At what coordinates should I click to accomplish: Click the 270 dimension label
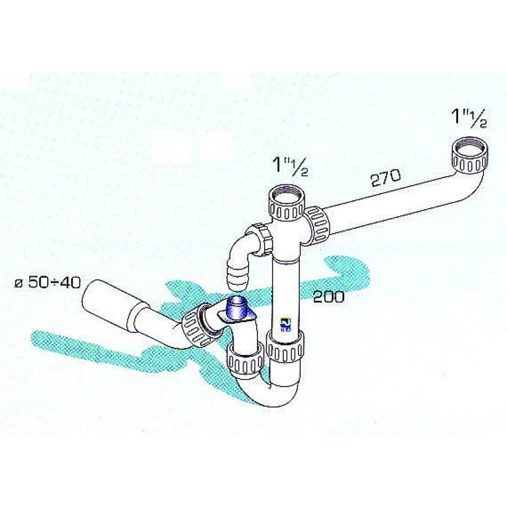(x=385, y=177)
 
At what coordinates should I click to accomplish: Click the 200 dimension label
(x=328, y=297)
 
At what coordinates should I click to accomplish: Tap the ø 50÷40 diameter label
(x=47, y=283)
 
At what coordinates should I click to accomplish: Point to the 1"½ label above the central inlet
(x=290, y=166)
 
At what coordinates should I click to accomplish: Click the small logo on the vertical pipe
(x=286, y=324)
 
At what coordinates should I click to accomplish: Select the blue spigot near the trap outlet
(x=238, y=309)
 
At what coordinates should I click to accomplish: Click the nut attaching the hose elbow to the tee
(x=260, y=239)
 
